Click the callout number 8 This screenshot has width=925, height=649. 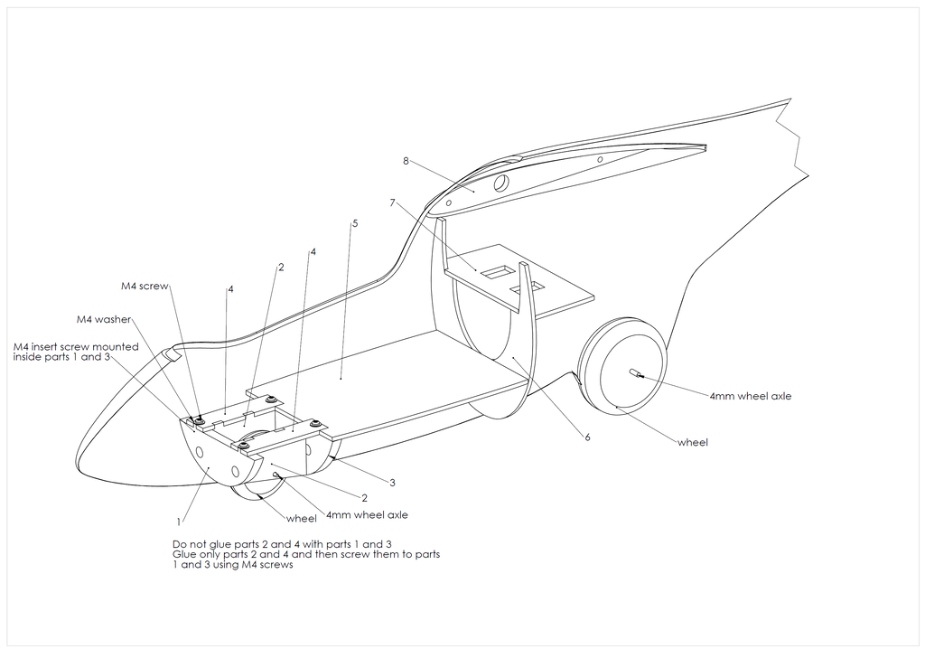[406, 161]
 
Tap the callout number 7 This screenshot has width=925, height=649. [392, 203]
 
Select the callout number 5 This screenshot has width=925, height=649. [355, 222]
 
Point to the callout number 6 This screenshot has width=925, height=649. [587, 437]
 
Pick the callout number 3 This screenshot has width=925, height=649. [392, 483]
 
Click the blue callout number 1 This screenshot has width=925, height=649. [179, 522]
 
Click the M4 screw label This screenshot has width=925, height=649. [145, 287]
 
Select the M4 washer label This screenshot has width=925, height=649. [104, 319]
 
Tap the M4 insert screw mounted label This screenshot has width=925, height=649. [76, 346]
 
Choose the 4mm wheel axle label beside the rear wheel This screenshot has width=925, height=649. [750, 396]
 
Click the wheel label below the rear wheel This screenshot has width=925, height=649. [693, 442]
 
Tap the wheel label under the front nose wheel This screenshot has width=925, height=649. [302, 519]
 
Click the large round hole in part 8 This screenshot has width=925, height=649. [500, 182]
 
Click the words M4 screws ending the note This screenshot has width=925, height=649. [268, 566]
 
